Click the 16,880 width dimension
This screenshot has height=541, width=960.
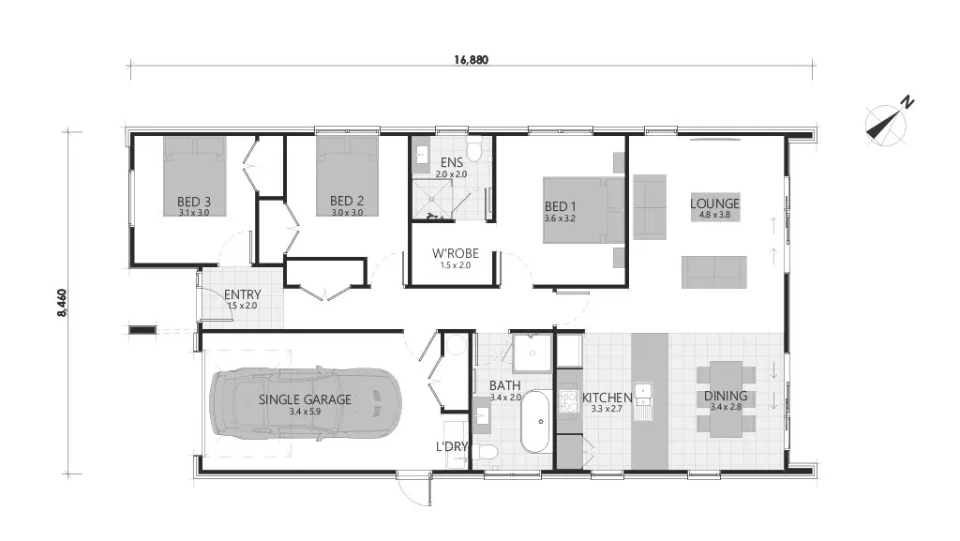tap(471, 58)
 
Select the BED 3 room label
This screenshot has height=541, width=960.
tap(193, 201)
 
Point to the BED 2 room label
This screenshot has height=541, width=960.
tap(346, 201)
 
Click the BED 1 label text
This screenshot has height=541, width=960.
tap(561, 206)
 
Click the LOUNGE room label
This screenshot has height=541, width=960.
tap(714, 203)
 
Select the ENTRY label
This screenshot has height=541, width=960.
tap(244, 294)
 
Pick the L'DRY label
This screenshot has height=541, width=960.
tap(451, 446)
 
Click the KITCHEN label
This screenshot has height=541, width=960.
tap(607, 398)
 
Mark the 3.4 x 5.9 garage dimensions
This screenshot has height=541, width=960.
tap(305, 411)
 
